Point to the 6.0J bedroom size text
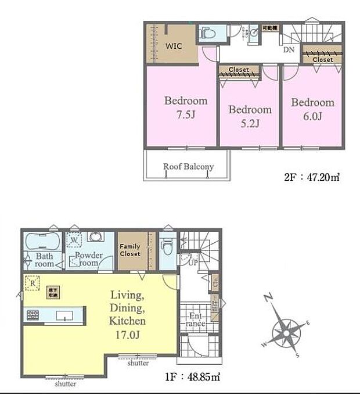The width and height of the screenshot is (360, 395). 312,116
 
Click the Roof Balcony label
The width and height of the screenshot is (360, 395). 188,167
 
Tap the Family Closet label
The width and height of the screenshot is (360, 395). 130,250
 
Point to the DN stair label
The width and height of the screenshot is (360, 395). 289,50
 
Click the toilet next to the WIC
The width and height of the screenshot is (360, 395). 207,34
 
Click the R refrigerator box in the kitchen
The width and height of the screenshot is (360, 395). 33,284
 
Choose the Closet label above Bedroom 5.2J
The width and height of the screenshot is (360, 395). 239,70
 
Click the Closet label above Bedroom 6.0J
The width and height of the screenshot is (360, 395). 322,59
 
